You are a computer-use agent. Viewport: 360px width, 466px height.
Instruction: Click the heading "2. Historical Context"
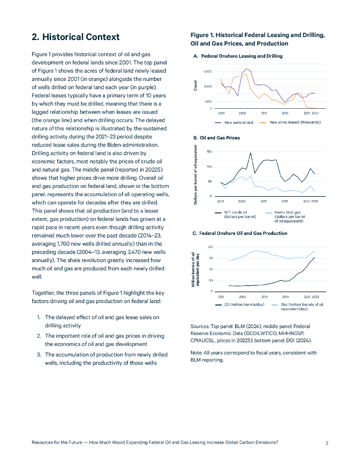[76, 37]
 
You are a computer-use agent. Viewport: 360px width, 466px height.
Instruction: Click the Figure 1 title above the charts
[257, 39]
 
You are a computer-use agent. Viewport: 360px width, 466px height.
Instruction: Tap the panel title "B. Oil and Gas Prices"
[217, 137]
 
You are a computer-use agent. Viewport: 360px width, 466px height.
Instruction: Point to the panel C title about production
[240, 233]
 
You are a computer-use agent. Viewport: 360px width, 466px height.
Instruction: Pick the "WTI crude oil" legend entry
[236, 213]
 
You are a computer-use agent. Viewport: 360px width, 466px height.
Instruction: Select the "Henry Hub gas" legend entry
[288, 213]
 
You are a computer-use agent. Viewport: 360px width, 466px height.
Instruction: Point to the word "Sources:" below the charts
[199, 326]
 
